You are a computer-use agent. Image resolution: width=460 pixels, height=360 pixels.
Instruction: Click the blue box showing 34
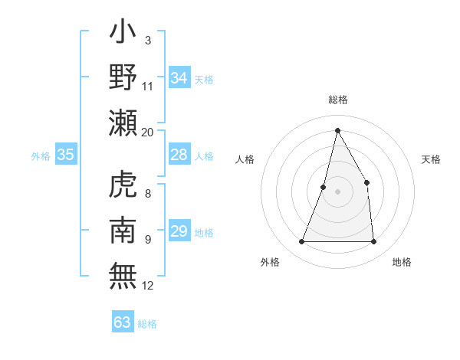click(179, 78)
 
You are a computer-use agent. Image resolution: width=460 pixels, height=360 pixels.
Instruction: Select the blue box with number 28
click(179, 155)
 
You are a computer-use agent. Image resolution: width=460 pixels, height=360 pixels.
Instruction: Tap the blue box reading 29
click(179, 232)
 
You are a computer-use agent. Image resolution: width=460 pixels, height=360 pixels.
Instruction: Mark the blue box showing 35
click(66, 155)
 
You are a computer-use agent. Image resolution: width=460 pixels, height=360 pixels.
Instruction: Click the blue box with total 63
click(123, 322)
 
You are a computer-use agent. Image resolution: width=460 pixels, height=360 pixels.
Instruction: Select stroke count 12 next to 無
click(148, 286)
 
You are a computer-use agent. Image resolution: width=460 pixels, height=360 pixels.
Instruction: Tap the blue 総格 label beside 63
click(147, 324)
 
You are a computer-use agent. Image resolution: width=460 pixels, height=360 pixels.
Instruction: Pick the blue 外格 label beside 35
click(41, 156)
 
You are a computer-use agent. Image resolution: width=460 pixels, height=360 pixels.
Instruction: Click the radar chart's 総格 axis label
click(337, 100)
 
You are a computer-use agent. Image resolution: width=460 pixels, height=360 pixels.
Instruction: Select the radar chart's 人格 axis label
click(245, 159)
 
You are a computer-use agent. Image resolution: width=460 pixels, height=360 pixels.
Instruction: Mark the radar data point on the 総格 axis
click(337, 129)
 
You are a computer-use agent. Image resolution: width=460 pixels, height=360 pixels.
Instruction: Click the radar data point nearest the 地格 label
click(373, 242)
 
